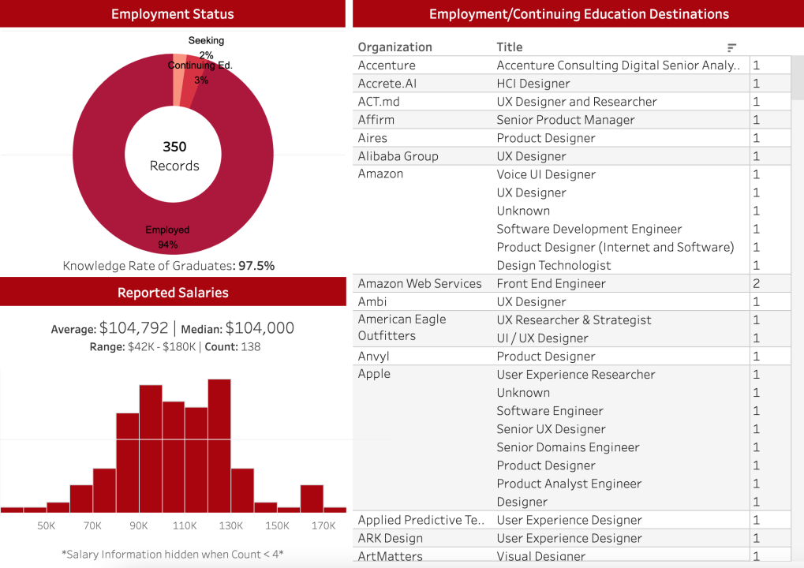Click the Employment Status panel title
(172, 14)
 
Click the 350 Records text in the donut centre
(174, 156)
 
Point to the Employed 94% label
(167, 237)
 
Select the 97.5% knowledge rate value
(256, 266)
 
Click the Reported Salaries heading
(173, 293)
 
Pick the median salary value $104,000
(260, 328)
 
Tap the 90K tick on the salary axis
(139, 526)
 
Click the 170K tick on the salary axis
(323, 526)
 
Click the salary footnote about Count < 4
(172, 554)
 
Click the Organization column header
(395, 47)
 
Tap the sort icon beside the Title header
(731, 47)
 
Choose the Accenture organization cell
(387, 65)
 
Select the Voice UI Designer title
(546, 174)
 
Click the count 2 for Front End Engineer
(757, 284)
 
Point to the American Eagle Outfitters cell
(402, 327)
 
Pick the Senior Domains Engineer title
(567, 447)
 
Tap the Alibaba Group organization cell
(398, 156)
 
